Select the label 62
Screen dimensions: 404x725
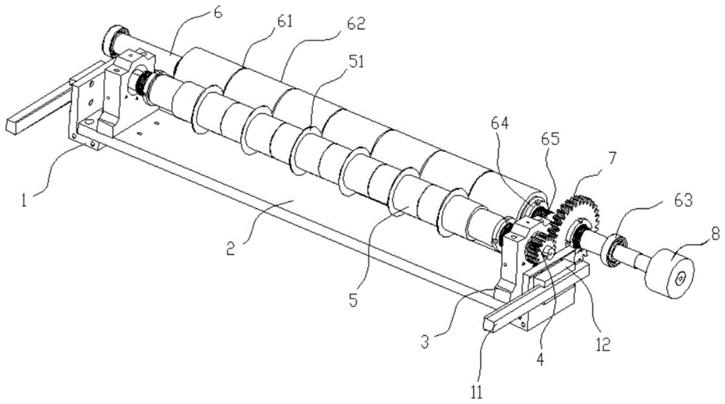point(356,23)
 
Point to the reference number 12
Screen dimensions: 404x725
point(603,345)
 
